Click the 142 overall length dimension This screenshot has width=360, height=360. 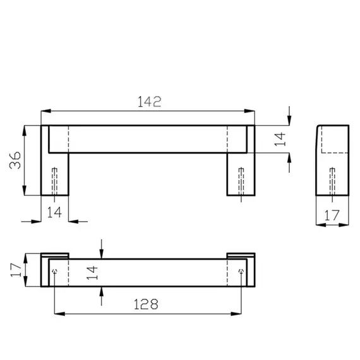pos(150,102)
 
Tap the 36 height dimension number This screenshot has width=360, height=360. pos(15,160)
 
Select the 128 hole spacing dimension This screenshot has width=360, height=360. pos(146,304)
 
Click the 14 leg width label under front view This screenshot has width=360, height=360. pos(54,212)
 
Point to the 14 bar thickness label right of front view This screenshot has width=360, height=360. pos(280,140)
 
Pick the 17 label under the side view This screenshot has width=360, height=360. pos(332,215)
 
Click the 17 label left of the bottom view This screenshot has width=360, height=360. pos(16,270)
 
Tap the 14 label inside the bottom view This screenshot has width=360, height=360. pos(92,273)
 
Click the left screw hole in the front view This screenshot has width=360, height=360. pos(55,182)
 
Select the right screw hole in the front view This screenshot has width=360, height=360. pos(241,182)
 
